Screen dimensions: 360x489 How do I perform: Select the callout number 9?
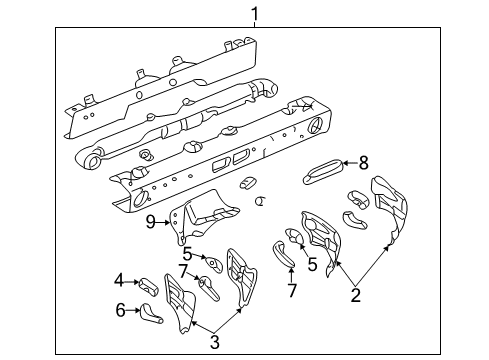[x=152, y=222]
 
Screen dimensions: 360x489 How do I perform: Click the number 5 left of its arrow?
[x=187, y=254]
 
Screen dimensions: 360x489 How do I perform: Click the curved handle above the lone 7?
[x=283, y=256]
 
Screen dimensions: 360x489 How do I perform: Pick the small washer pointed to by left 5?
[x=213, y=262]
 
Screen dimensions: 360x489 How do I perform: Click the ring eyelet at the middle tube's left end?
[x=96, y=159]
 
